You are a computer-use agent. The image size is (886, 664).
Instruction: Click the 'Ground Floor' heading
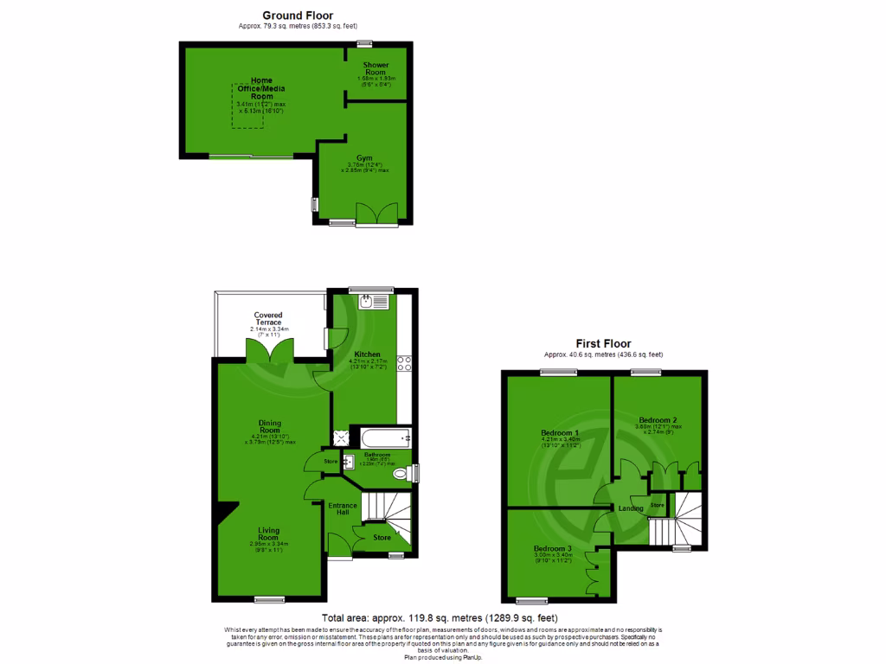click(298, 16)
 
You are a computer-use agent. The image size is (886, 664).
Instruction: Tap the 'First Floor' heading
click(604, 343)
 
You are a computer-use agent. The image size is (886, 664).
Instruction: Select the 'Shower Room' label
click(376, 69)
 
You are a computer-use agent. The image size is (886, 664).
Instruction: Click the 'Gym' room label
click(365, 158)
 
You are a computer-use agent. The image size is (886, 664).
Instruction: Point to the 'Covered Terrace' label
click(268, 319)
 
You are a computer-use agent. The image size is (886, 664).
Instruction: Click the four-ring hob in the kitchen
click(403, 364)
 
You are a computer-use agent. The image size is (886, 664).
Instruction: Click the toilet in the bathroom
click(401, 474)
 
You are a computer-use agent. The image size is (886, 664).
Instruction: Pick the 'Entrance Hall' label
click(338, 509)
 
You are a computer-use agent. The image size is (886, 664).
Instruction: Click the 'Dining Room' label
click(270, 426)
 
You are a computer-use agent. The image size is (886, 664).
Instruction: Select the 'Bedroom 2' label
click(658, 420)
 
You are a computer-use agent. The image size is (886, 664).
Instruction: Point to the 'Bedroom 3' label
click(552, 550)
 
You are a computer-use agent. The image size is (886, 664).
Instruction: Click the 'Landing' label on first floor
click(630, 508)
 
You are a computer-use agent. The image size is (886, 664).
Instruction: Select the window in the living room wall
click(269, 598)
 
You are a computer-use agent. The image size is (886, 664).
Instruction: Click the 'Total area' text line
click(440, 618)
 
